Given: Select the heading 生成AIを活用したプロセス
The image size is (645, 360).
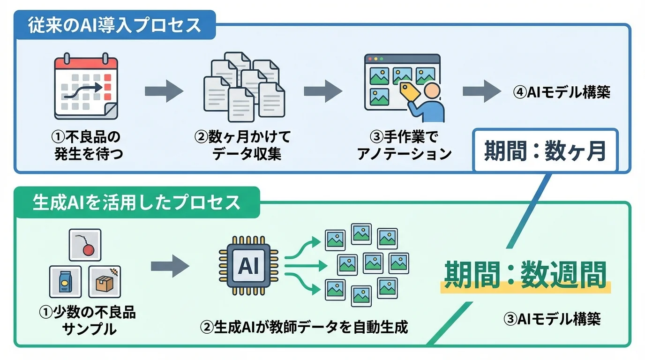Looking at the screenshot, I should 136,202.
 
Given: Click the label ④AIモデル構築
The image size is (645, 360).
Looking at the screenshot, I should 562,92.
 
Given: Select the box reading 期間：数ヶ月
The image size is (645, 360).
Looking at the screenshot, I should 545,151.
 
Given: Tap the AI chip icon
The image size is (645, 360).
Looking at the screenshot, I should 248,266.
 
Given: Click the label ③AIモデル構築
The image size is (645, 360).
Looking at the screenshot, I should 552,319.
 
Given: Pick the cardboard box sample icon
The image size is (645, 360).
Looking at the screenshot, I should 105,282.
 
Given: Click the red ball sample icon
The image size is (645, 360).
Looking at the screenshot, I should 85,245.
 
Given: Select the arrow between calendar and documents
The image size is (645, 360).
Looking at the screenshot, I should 164,90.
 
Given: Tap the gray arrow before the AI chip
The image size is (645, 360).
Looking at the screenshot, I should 170,266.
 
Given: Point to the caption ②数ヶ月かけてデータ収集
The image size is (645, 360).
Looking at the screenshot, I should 243,145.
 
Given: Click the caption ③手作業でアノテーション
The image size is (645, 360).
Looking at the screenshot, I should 404,145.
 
